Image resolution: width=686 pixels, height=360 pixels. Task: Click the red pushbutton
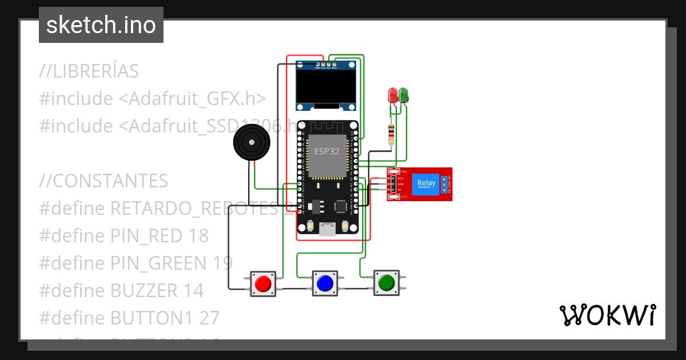(263, 283)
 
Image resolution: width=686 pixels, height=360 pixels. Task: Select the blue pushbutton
(325, 283)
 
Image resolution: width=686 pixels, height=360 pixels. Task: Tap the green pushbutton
(386, 282)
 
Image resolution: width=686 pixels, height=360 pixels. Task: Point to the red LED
(393, 95)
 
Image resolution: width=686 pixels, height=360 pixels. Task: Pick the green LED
(404, 95)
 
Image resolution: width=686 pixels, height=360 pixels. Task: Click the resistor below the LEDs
(391, 134)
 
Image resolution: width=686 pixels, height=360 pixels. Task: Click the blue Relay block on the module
(426, 184)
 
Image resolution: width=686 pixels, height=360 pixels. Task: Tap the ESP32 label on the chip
(327, 152)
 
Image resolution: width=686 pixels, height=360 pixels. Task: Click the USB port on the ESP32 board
(328, 229)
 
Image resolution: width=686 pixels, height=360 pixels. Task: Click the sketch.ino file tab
(101, 25)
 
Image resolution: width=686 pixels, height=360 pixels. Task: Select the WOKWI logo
(607, 315)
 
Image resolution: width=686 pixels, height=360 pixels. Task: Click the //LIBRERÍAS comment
(89, 71)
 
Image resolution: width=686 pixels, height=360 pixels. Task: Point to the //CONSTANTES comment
(103, 181)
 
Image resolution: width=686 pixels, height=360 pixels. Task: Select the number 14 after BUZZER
(193, 290)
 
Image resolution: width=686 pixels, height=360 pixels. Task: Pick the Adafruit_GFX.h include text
(192, 99)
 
